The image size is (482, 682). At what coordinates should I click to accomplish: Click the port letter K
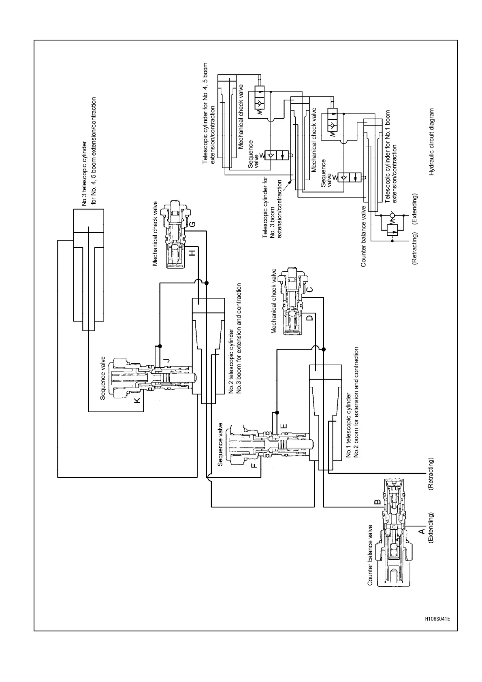(x=138, y=400)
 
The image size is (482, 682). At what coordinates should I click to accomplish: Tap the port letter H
(x=192, y=253)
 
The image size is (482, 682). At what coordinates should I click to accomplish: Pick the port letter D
(x=309, y=318)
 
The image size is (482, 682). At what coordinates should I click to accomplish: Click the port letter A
(x=421, y=531)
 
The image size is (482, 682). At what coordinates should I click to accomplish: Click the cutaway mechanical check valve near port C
(x=294, y=301)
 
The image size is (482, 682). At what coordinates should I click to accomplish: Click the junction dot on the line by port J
(x=160, y=346)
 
